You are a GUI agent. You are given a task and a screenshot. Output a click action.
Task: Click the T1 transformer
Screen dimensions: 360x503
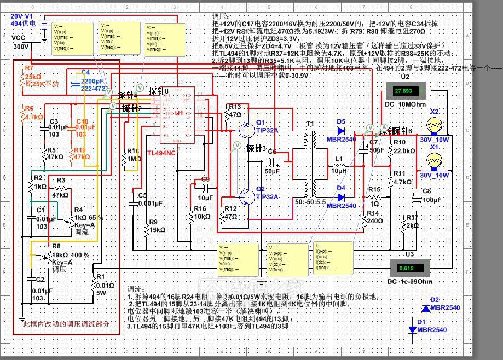314,164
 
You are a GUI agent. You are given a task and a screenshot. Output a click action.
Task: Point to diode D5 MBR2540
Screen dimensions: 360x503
341,131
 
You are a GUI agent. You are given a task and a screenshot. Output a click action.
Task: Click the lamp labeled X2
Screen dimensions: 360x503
435,126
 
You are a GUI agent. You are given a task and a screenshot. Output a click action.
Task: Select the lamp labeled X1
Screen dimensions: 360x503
435,160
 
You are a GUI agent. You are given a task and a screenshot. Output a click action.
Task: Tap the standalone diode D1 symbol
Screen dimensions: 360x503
412,329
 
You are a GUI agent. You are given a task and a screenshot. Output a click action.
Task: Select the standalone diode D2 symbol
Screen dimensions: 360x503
425,307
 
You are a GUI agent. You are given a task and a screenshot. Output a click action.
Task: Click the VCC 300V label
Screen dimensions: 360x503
20,42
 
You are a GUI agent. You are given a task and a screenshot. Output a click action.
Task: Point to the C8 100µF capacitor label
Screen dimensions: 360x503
431,195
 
